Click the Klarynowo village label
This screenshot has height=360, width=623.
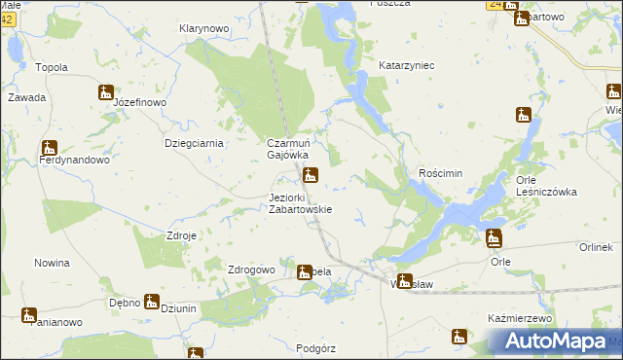coord(203,29)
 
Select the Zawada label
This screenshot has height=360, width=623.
coord(26,98)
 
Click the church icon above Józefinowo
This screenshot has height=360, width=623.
coord(106,92)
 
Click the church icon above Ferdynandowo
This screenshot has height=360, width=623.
coord(50,148)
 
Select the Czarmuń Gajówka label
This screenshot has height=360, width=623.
coord(288,149)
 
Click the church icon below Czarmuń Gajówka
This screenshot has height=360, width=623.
coord(311,176)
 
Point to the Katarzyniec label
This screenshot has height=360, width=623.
coord(406,65)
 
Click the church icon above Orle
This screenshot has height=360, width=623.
coord(495,238)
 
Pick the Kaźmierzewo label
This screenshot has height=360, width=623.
coord(519,318)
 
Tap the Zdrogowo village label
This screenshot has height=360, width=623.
coord(250,270)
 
